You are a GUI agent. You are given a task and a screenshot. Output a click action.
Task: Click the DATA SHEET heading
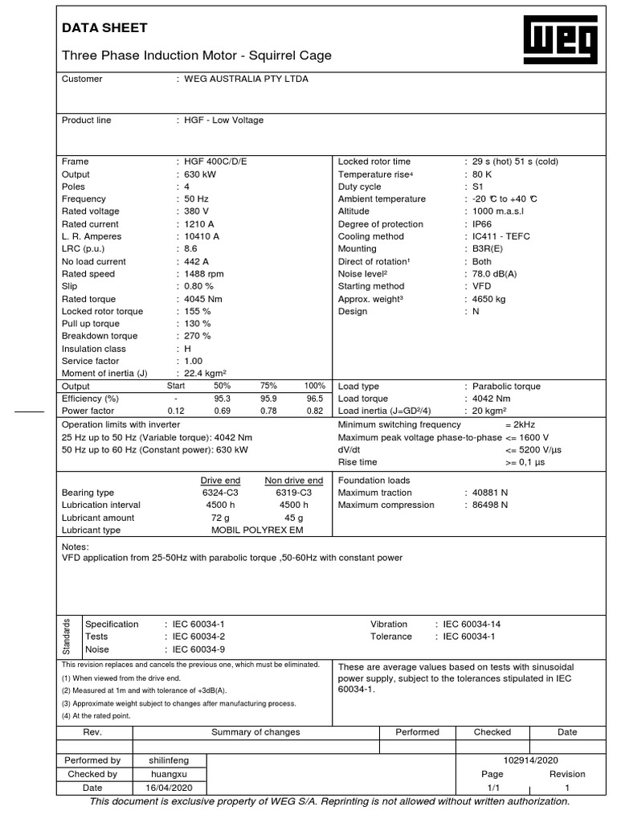click(105, 28)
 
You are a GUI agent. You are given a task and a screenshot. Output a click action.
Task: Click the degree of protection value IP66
click(483, 224)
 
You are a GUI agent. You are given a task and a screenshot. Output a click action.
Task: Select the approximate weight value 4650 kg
click(488, 299)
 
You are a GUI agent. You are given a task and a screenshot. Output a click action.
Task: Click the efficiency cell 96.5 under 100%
click(314, 399)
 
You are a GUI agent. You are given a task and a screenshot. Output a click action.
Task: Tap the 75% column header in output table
click(268, 386)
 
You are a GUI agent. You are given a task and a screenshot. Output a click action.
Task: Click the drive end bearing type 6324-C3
click(222, 493)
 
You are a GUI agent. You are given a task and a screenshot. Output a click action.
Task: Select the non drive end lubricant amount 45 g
click(294, 518)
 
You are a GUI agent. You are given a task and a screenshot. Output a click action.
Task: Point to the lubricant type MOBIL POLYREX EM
click(258, 530)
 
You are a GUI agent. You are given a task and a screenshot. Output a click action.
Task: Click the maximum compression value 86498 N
click(490, 506)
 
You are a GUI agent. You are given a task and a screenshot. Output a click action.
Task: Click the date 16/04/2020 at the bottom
click(169, 788)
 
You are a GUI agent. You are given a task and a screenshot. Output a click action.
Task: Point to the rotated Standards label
click(67, 636)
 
